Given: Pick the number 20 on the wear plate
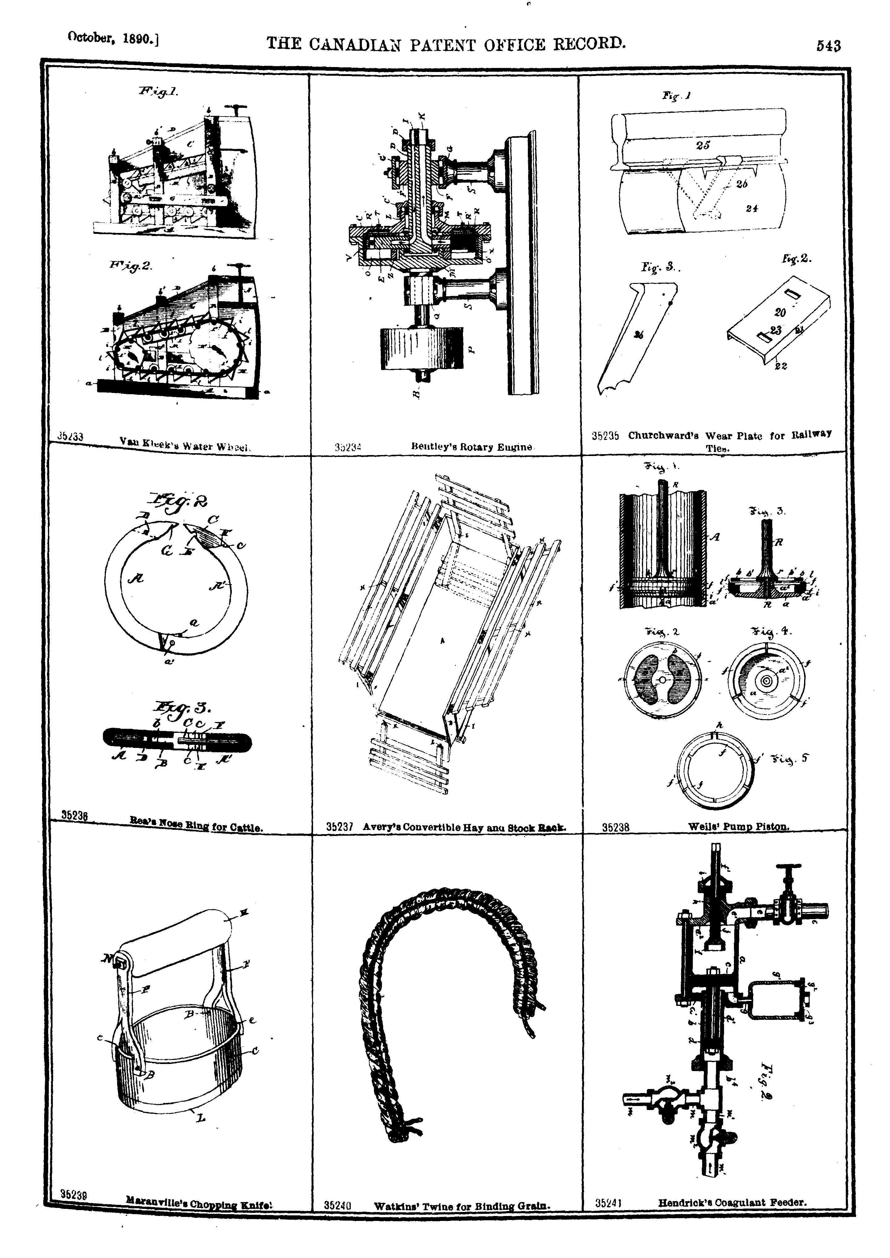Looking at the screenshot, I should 780,312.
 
